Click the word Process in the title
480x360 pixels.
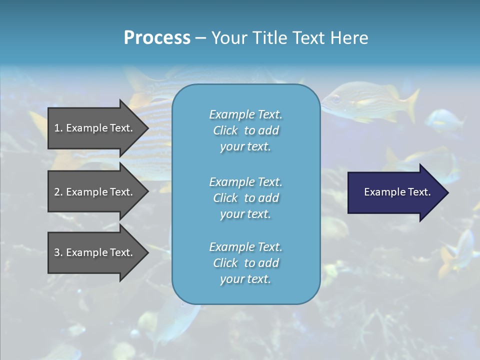[157, 38]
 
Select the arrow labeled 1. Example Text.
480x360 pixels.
[95, 128]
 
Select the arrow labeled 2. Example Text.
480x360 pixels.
[95, 192]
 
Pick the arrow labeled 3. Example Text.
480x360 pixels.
[95, 252]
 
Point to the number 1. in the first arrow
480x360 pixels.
[58, 128]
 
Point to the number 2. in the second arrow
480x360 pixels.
[58, 192]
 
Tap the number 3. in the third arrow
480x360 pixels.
[58, 252]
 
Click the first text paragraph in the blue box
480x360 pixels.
[245, 130]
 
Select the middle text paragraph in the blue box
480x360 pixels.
[245, 198]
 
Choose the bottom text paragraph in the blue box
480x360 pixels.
[245, 263]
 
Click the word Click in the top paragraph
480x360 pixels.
[225, 130]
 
